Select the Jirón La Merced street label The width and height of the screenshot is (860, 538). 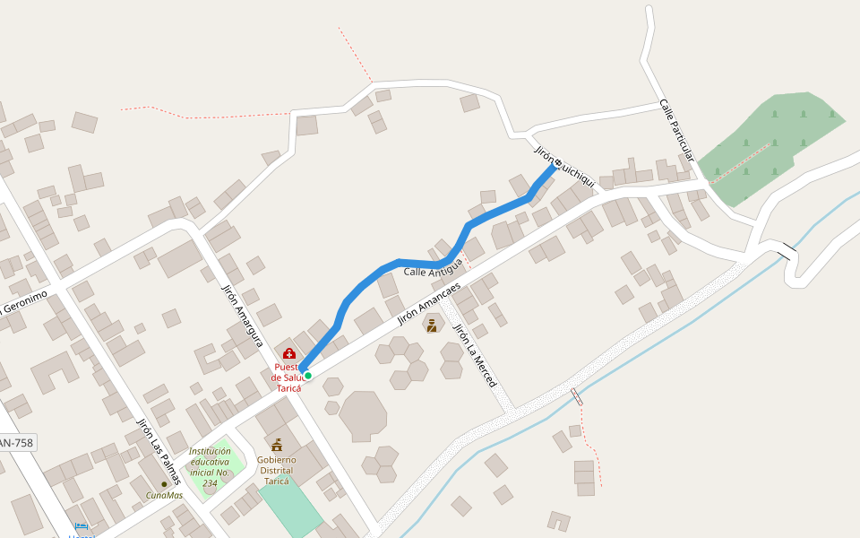pos(475,355)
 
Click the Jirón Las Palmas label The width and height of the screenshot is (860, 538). pos(159,452)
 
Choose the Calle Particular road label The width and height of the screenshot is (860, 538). pos(676,130)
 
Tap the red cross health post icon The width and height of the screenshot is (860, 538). pos(289,354)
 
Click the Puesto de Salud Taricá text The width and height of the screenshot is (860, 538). pos(288,377)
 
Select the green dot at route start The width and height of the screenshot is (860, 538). pos(307,376)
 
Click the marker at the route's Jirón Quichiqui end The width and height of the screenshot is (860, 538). pos(558,162)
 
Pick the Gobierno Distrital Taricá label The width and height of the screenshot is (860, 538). pos(276,470)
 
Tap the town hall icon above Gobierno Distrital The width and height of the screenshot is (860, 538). pos(277,445)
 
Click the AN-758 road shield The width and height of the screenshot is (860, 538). pos(16,443)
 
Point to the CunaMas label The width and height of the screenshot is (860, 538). pos(165,495)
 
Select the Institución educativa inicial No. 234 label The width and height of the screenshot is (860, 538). pos(211,467)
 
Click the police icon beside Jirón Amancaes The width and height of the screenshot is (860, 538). pos(432,325)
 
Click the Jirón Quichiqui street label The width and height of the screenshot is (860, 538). pos(564,165)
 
